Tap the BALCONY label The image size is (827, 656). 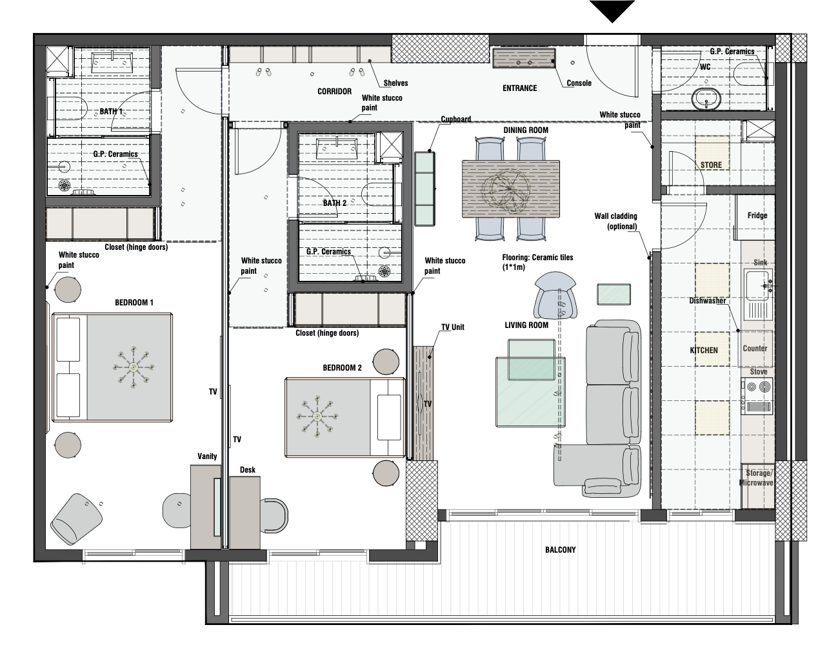(560, 550)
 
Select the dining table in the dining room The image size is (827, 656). (511, 189)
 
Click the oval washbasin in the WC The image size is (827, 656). (707, 99)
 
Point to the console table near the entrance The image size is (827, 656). (524, 58)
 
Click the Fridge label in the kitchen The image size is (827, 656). (757, 216)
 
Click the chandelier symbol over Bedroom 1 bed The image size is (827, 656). (132, 367)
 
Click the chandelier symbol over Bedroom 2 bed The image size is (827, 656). (317, 416)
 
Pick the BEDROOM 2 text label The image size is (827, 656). (342, 368)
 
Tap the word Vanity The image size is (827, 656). (207, 456)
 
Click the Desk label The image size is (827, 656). (248, 470)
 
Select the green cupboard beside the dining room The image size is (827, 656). (424, 188)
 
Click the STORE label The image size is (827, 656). (711, 165)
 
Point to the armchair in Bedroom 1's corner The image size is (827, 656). (77, 519)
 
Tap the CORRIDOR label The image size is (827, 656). (334, 92)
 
